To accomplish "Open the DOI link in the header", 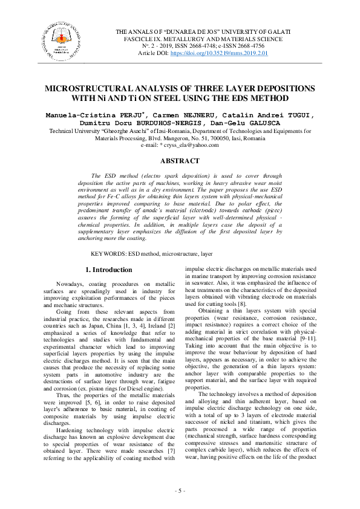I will pos(220,53).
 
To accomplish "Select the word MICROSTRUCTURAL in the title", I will pos(96,88).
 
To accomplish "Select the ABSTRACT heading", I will pos(179,161).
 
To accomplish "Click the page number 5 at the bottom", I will pos(180,490).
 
